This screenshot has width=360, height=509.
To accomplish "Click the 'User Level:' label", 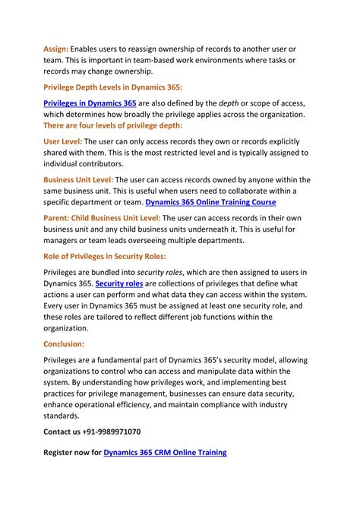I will click(62, 141).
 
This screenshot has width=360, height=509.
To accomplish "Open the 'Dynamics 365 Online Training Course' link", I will click(210, 203).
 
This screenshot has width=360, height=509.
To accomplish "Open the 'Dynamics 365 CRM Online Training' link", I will click(165, 453).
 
